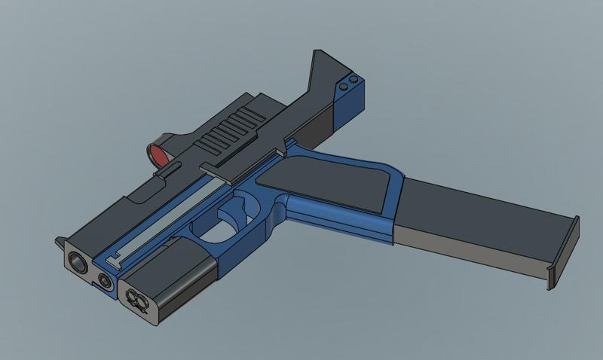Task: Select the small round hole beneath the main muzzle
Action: tap(104, 280)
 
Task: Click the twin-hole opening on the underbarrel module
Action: tap(136, 301)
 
